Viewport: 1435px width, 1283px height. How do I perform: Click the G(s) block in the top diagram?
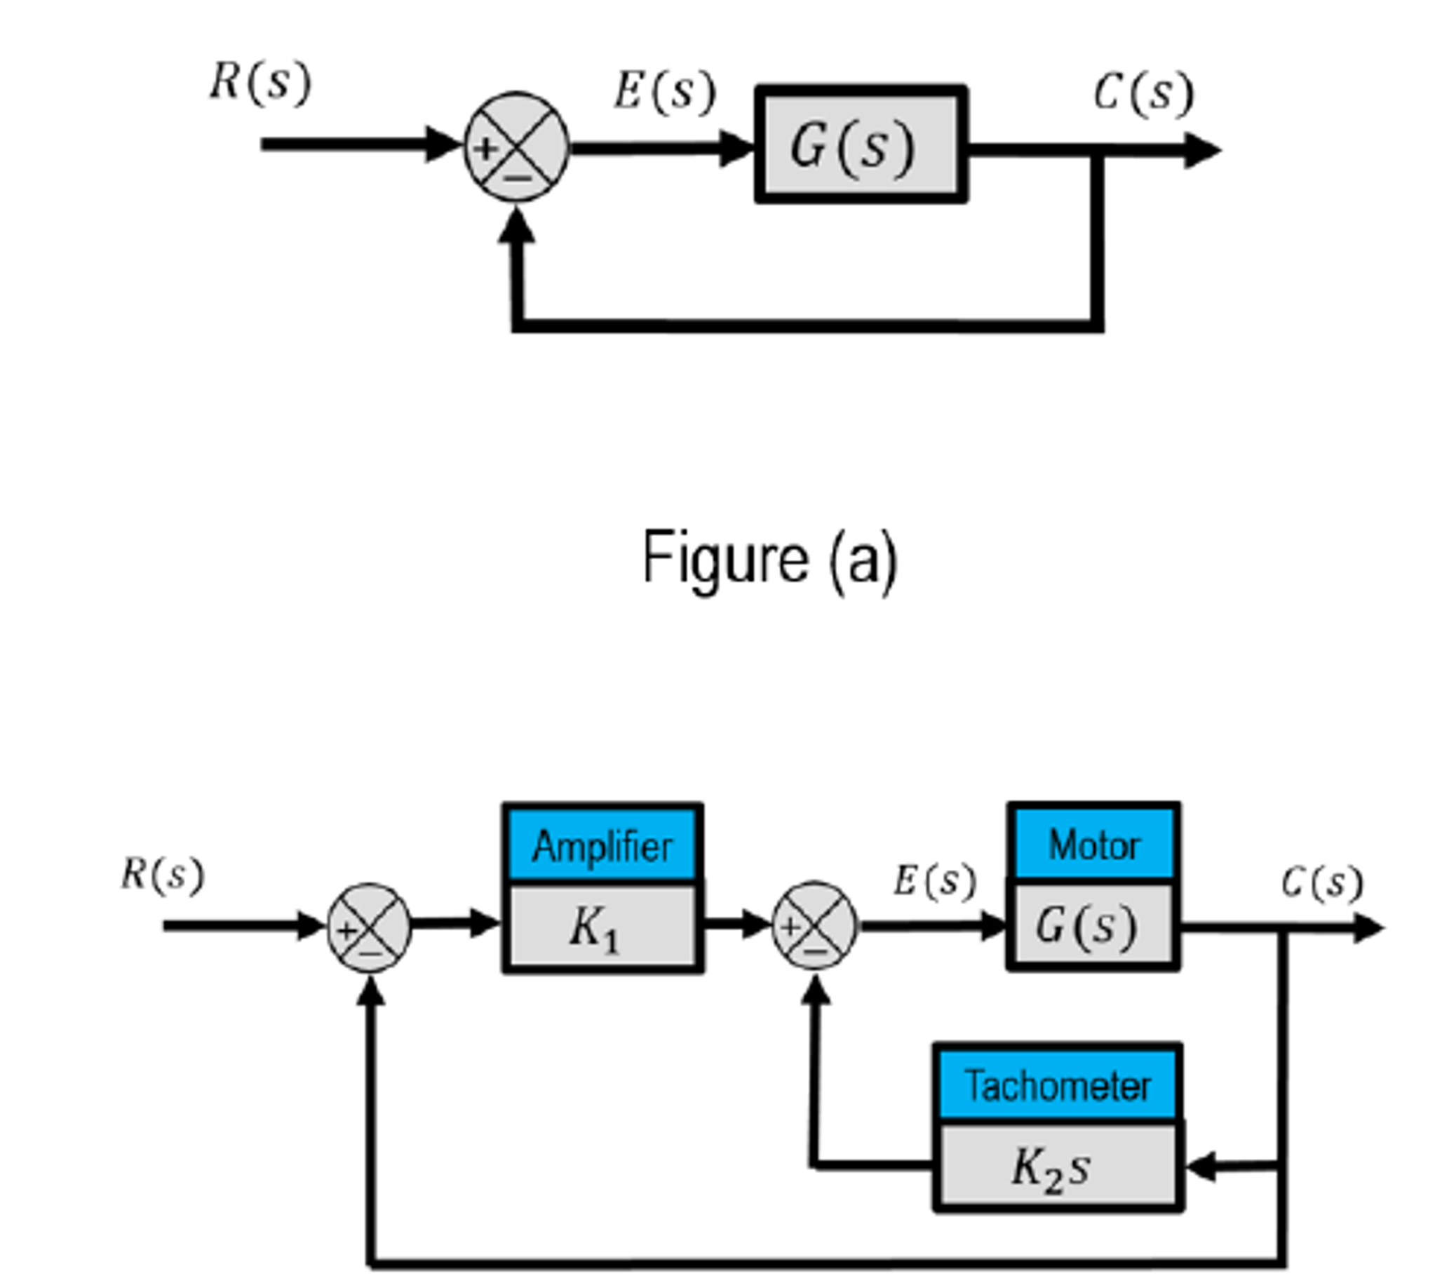point(860,146)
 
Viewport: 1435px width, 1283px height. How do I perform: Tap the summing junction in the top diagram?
point(517,147)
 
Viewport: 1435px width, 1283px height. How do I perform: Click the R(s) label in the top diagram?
point(260,83)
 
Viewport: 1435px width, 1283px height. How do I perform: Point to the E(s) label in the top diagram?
point(665,92)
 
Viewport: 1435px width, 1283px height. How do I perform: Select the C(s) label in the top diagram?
point(1143,94)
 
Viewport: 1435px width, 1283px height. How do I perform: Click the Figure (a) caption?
point(769,558)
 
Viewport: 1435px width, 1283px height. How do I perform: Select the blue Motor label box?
point(1094,844)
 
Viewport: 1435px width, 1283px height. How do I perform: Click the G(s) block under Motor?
point(1093,925)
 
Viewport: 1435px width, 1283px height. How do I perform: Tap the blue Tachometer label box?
point(1057,1085)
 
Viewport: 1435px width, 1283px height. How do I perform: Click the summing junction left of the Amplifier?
point(370,927)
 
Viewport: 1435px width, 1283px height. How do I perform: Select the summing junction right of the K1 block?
point(815,925)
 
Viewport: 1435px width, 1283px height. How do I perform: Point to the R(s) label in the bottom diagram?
point(163,875)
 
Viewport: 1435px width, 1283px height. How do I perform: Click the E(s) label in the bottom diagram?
point(935,881)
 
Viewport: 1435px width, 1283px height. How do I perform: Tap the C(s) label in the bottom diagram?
point(1321,882)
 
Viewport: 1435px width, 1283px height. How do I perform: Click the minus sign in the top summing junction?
point(518,177)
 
